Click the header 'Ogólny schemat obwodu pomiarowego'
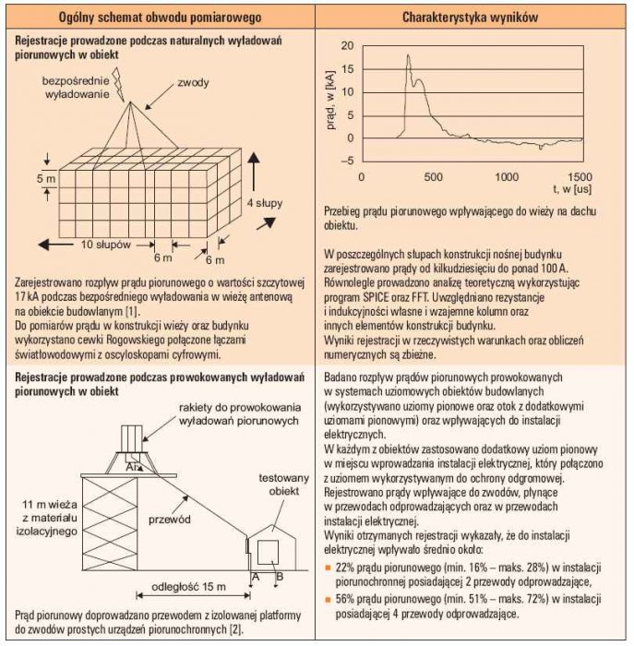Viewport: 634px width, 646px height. [x=160, y=18]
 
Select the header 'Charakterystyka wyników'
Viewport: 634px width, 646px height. [x=470, y=18]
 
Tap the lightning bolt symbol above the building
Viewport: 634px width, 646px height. [x=119, y=85]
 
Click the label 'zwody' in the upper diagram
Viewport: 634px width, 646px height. [x=193, y=83]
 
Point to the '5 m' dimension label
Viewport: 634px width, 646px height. [x=46, y=179]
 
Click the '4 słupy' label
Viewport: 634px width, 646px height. [x=265, y=203]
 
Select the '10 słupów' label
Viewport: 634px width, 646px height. [x=105, y=245]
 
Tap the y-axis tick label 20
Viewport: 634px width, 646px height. [x=347, y=46]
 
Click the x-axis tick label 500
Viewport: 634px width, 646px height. [x=433, y=177]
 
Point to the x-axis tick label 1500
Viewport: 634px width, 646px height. [x=580, y=177]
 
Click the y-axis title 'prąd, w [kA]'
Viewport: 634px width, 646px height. [x=330, y=101]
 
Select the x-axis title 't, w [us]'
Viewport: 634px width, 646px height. [x=572, y=189]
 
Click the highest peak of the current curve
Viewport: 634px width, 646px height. [x=408, y=55]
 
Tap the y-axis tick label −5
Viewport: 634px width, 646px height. [x=348, y=161]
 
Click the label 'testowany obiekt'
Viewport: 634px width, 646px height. [x=283, y=484]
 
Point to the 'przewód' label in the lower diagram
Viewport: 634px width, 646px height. [x=169, y=520]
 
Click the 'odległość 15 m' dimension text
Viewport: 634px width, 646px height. [x=188, y=587]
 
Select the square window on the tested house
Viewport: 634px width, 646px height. [x=269, y=553]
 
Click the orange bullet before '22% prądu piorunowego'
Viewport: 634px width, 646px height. [x=328, y=568]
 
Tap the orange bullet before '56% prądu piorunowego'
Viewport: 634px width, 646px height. [x=328, y=600]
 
